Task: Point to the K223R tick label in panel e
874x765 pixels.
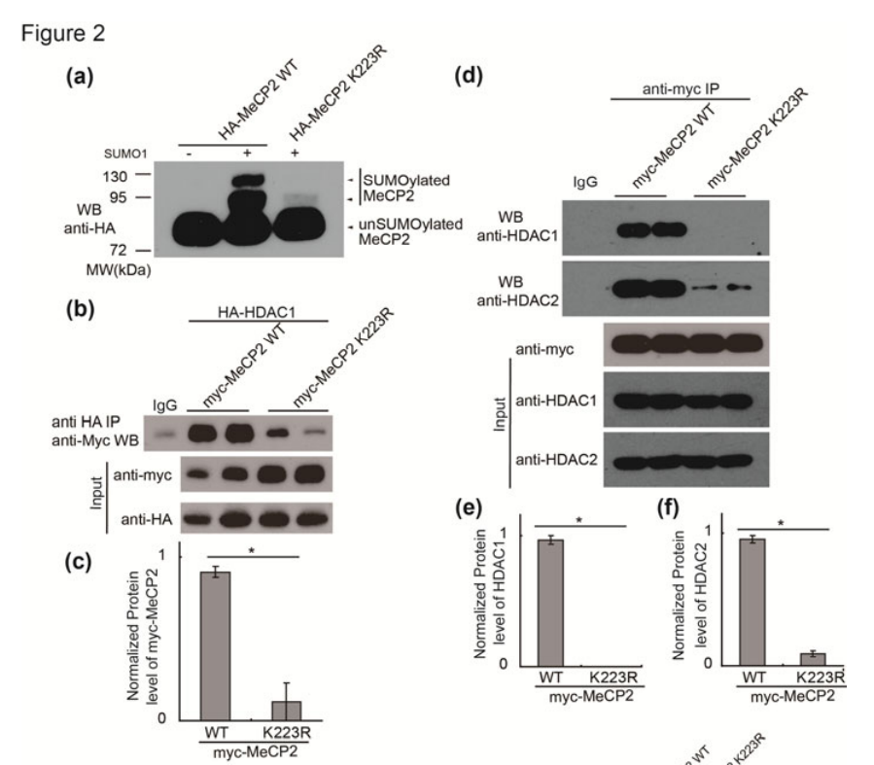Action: coord(609,677)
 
